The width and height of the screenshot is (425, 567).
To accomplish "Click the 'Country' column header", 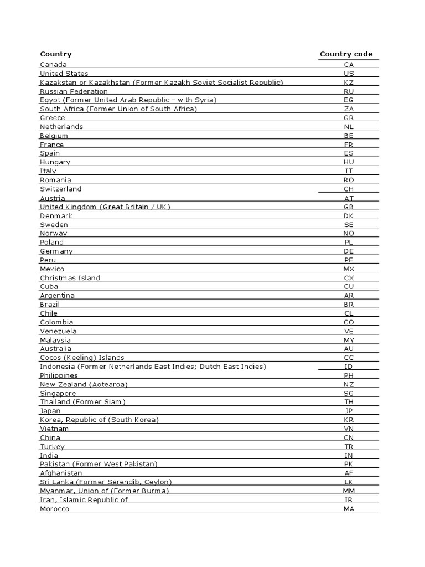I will pyautogui.click(x=55, y=54).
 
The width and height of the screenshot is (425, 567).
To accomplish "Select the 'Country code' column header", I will pyautogui.click(x=346, y=54).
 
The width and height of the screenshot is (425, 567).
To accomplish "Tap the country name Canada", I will pyautogui.click(x=53, y=65).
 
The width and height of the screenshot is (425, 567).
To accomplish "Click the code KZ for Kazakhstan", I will pyautogui.click(x=348, y=83).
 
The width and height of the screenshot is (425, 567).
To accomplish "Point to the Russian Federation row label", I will pyautogui.click(x=74, y=91).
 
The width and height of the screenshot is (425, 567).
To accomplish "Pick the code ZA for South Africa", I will pyautogui.click(x=348, y=109).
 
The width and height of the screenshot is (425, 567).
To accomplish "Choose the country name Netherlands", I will pyautogui.click(x=61, y=127).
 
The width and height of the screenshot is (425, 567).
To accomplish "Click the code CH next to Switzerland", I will pyautogui.click(x=348, y=189).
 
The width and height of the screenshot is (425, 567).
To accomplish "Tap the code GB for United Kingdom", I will pyautogui.click(x=348, y=207).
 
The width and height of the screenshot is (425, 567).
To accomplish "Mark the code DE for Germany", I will pyautogui.click(x=348, y=251).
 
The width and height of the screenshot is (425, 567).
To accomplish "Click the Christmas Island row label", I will pyautogui.click(x=70, y=278).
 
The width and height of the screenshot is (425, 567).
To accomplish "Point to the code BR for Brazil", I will pyautogui.click(x=348, y=305).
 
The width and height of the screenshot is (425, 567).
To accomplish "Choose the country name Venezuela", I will pyautogui.click(x=58, y=331).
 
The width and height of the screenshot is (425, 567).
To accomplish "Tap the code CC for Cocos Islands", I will pyautogui.click(x=348, y=358).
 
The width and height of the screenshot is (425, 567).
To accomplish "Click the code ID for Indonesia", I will pyautogui.click(x=348, y=367).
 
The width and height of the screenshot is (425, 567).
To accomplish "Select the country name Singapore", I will pyautogui.click(x=58, y=393).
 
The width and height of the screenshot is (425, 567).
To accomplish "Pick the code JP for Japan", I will pyautogui.click(x=348, y=411).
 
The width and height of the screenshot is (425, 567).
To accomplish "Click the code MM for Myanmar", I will pyautogui.click(x=348, y=491).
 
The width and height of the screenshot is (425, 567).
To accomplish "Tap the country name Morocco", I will pyautogui.click(x=55, y=509).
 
